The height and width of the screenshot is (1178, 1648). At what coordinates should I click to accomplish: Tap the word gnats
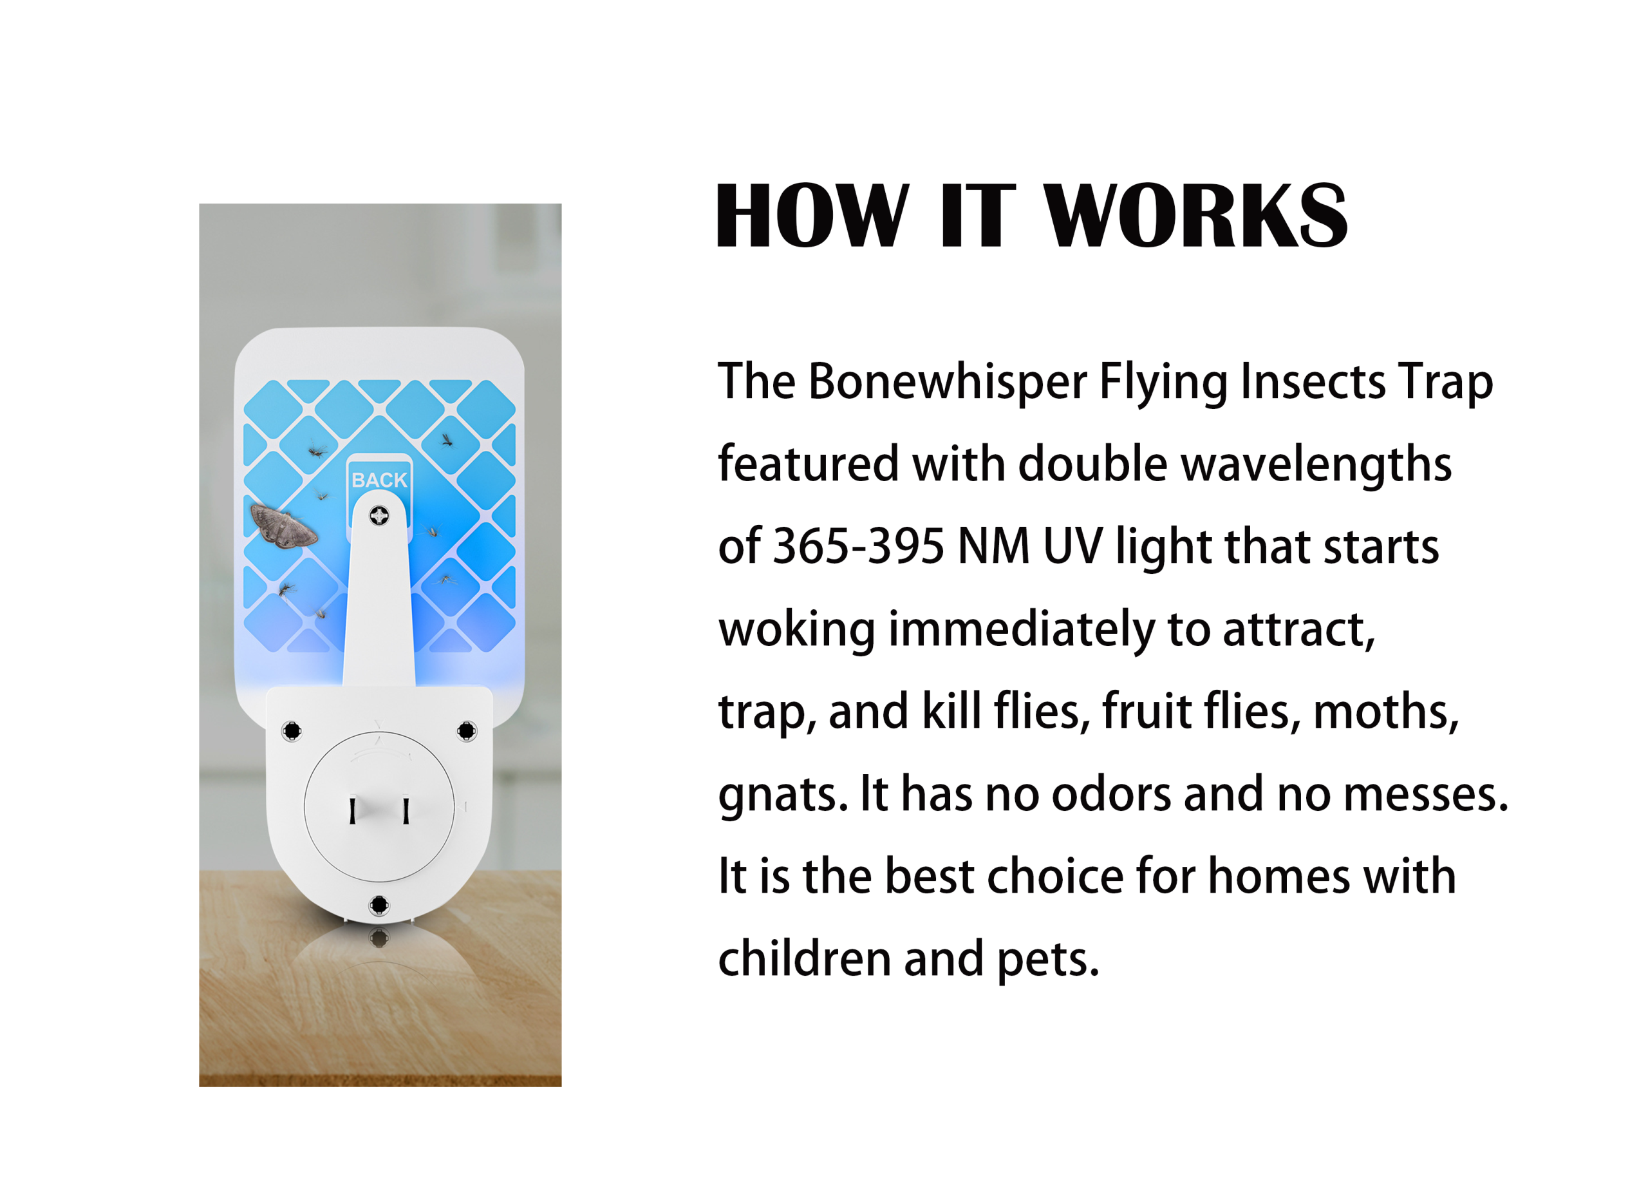782,795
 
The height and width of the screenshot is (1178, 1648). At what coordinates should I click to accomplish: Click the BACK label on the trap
379,479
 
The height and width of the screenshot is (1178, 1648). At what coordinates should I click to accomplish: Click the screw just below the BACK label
379,516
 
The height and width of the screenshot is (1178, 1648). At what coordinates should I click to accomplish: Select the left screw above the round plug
292,730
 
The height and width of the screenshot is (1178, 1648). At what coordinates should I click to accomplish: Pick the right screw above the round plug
467,730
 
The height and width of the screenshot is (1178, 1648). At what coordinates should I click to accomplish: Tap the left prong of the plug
352,810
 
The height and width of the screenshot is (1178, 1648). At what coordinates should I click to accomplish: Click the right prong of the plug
406,810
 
